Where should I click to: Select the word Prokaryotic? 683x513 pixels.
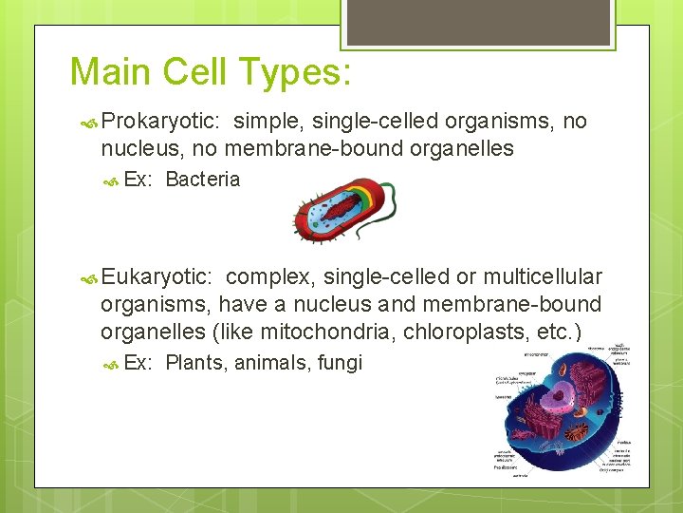click(161, 122)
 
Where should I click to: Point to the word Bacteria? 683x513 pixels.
click(202, 180)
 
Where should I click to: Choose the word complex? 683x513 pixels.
click(271, 276)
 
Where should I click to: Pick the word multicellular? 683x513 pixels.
click(542, 276)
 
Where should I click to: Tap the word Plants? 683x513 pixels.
click(196, 363)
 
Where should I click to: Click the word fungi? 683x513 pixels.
click(341, 363)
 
